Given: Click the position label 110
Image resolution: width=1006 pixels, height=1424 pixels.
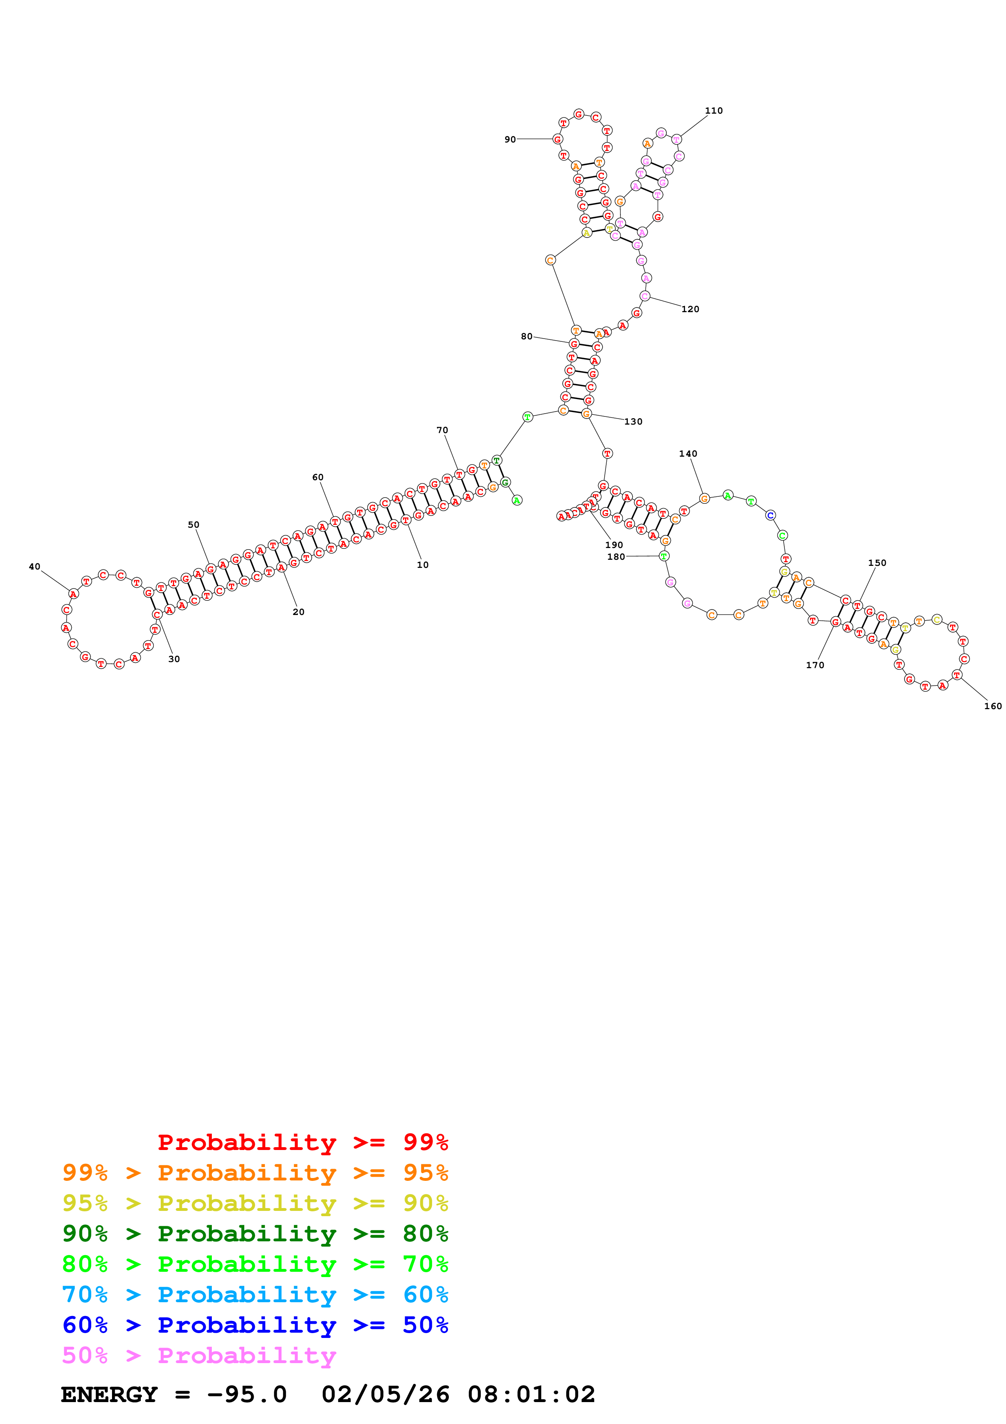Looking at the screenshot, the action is click(x=713, y=111).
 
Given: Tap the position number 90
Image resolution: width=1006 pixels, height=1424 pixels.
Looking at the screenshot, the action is click(x=510, y=140).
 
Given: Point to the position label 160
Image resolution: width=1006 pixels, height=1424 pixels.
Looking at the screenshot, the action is click(x=992, y=706).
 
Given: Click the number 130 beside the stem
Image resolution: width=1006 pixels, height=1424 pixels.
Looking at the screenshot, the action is click(x=633, y=422).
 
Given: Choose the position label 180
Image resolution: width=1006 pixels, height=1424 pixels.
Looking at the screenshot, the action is click(x=616, y=557).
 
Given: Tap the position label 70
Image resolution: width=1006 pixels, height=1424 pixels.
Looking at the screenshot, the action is click(x=442, y=430).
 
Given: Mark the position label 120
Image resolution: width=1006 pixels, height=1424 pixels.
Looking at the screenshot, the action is click(x=690, y=309).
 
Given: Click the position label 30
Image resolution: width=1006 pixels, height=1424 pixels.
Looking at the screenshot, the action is click(x=174, y=659).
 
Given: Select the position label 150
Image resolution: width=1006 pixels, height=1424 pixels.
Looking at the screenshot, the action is click(x=877, y=563).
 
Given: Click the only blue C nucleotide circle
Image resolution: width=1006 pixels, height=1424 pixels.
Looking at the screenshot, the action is click(x=770, y=516).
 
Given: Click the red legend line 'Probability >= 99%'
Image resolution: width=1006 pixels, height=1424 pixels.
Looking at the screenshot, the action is click(x=302, y=1142).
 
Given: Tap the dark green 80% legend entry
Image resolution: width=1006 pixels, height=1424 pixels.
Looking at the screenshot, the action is click(x=255, y=1234).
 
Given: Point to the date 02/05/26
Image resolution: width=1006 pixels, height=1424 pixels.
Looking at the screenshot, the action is click(x=385, y=1395).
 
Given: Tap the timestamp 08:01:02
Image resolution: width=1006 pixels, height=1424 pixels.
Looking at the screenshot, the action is click(x=531, y=1395).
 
